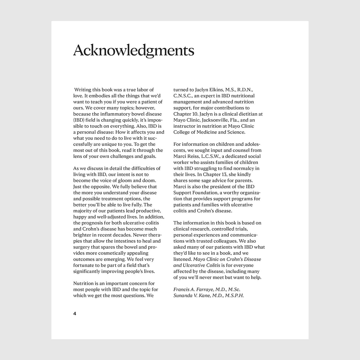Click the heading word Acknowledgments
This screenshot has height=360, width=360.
(133, 50)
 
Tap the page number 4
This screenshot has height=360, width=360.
(75, 314)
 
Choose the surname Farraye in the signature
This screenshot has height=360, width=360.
(205, 290)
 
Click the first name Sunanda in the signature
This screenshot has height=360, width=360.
(183, 295)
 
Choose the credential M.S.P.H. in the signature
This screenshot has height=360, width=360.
(234, 295)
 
